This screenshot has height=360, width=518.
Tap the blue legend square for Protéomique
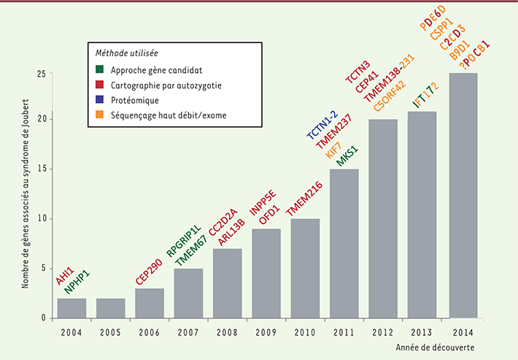tap(101, 99)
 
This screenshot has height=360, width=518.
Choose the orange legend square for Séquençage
tap(101, 113)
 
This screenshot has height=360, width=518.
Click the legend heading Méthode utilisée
tap(128, 53)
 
